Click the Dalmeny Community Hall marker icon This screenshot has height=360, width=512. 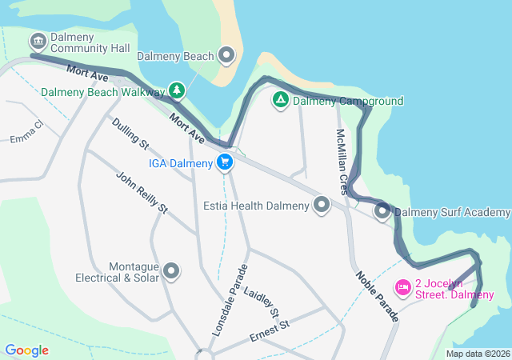click(x=38, y=41)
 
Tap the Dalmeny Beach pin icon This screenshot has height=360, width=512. click(x=227, y=56)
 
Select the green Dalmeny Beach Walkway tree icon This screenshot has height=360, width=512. click(x=177, y=90)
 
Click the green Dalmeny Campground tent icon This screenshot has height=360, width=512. click(x=280, y=101)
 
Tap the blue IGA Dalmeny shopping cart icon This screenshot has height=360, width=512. click(x=225, y=163)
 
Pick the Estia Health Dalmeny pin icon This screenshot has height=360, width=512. click(x=322, y=206)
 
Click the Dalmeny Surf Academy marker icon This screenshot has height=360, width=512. click(x=382, y=212)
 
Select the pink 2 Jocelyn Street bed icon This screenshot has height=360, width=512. click(x=403, y=286)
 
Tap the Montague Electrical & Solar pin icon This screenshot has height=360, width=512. click(x=171, y=272)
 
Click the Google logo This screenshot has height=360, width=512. click(x=26, y=350)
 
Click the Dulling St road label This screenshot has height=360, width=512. click(x=130, y=134)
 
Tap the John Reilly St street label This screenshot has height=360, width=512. click(x=141, y=193)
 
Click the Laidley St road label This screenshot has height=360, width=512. click(x=262, y=301)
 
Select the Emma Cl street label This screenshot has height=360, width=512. click(x=26, y=133)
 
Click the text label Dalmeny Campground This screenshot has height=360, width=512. click(x=348, y=102)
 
